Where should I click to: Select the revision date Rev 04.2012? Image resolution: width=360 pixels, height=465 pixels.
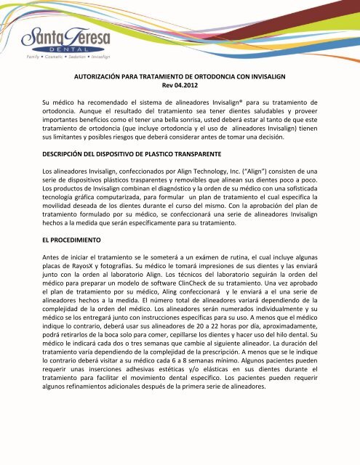pos(180,85)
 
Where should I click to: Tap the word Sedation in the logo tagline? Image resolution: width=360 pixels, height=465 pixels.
pos(96,56)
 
